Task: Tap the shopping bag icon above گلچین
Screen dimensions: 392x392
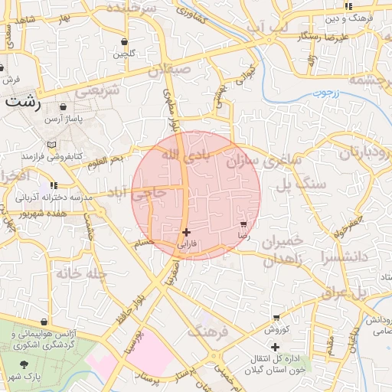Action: click(124, 42)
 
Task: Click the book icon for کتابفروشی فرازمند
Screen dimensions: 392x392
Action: click(51, 144)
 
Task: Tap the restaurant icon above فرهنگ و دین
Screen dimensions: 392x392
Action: click(348, 6)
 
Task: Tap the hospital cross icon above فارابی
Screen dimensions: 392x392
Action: click(187, 231)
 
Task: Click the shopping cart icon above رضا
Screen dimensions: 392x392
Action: click(243, 225)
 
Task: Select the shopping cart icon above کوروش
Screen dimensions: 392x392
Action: click(276, 318)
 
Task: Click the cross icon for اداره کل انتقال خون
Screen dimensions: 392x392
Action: click(276, 347)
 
